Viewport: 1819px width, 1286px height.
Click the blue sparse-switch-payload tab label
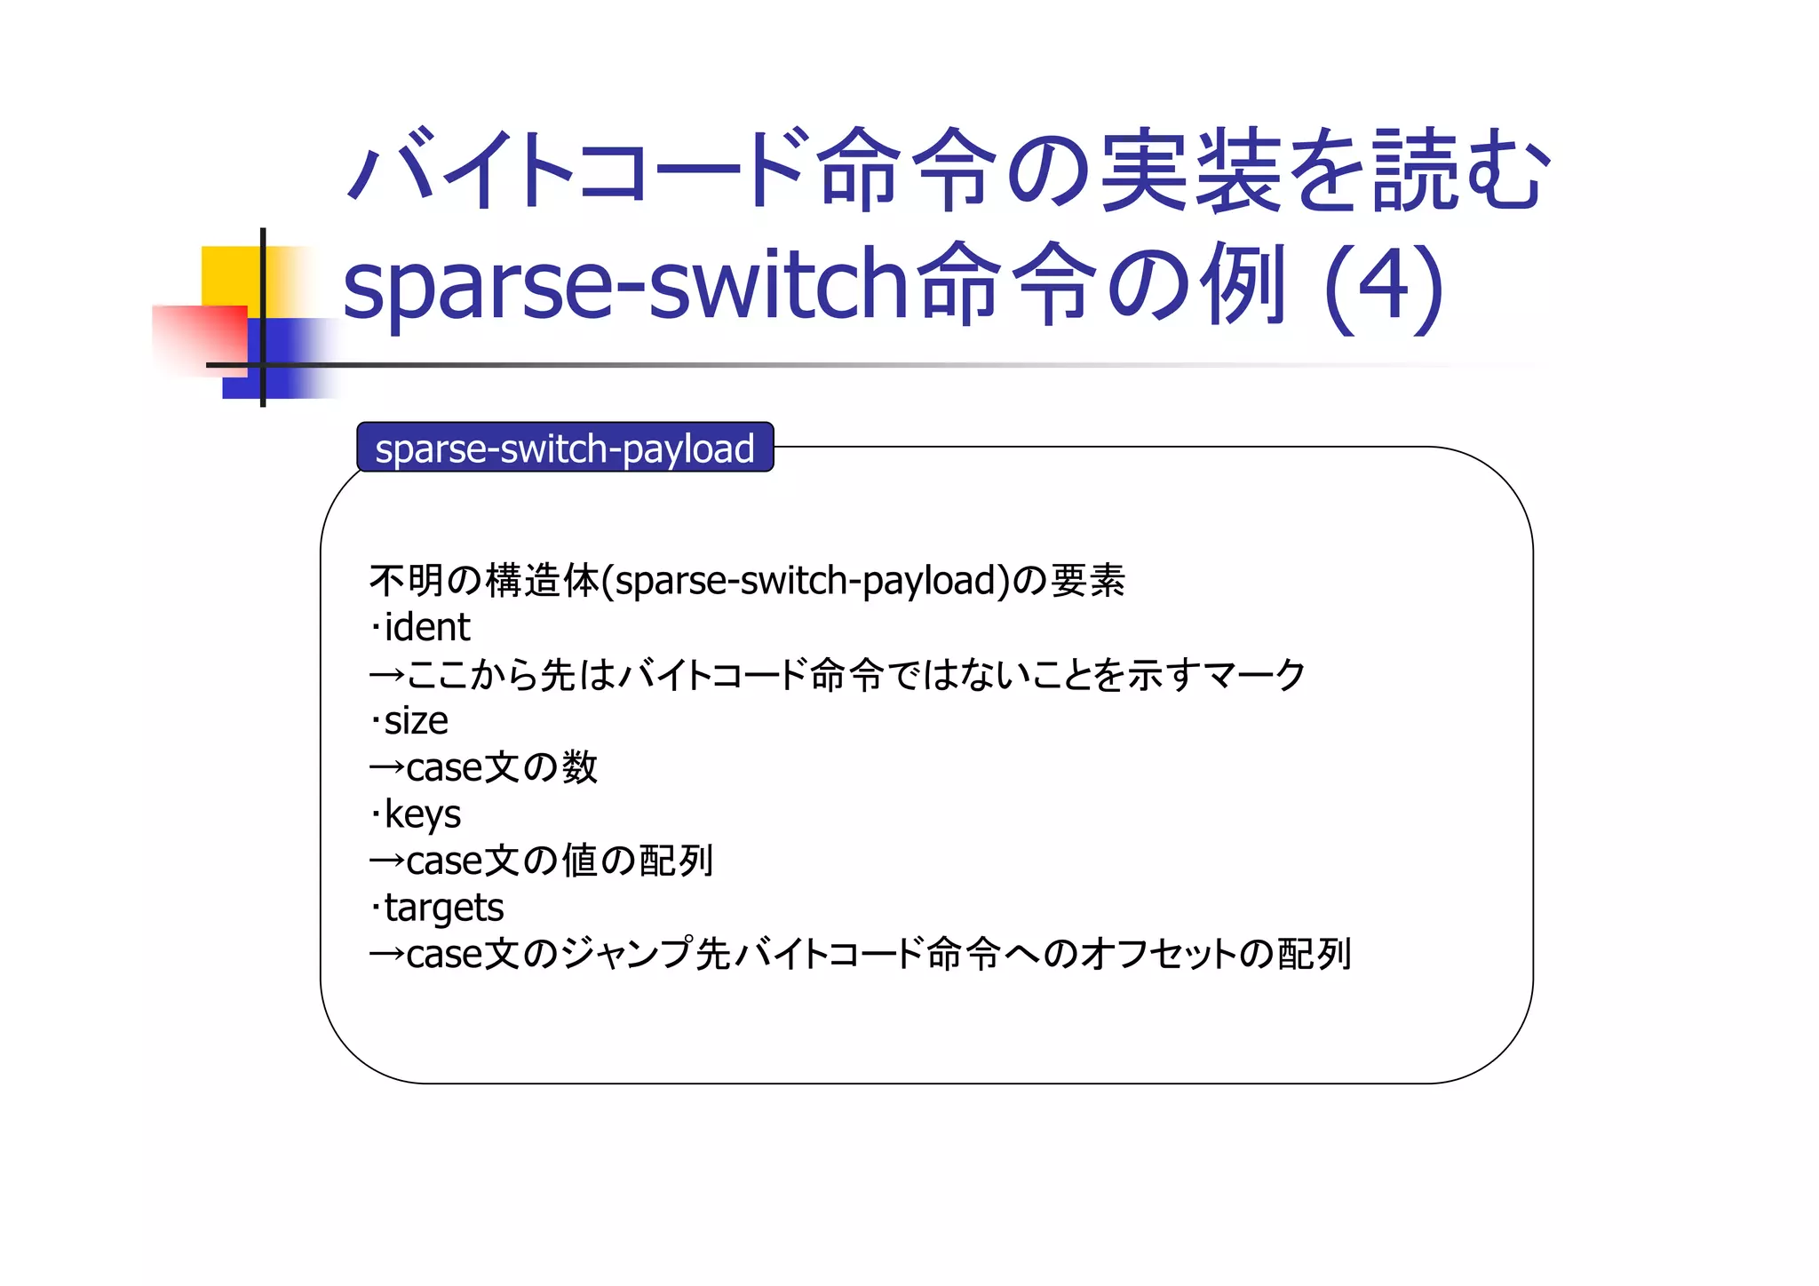565,448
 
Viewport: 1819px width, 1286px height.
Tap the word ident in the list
427,627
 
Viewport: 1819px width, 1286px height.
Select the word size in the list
416,720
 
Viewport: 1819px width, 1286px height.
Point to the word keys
422,814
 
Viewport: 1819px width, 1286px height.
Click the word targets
444,908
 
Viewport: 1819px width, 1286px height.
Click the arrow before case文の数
386,767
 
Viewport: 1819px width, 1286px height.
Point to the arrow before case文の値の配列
386,861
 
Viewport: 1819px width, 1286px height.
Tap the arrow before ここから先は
386,675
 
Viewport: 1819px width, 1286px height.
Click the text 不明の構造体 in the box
484,581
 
